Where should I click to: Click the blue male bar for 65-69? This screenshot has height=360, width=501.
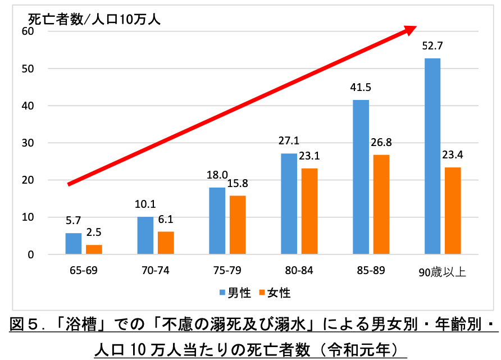coord(74,244)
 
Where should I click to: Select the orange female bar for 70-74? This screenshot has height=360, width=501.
coord(166,243)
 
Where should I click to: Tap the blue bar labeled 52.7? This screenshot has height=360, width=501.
coord(432,156)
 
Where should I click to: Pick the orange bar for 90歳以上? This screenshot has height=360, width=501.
coord(453,211)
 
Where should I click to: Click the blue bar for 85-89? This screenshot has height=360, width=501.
coord(361,177)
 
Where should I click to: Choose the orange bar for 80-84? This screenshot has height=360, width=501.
coord(309,211)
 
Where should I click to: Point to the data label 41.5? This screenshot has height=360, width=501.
coord(361,88)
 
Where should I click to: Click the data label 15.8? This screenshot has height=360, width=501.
coord(238,183)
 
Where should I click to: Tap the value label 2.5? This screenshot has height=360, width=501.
coord(94,232)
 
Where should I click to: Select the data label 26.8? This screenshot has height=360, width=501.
coord(381,142)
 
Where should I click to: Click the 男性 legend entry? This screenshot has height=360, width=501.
coord(234,293)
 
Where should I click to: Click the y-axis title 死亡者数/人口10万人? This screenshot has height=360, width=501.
coord(94,18)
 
